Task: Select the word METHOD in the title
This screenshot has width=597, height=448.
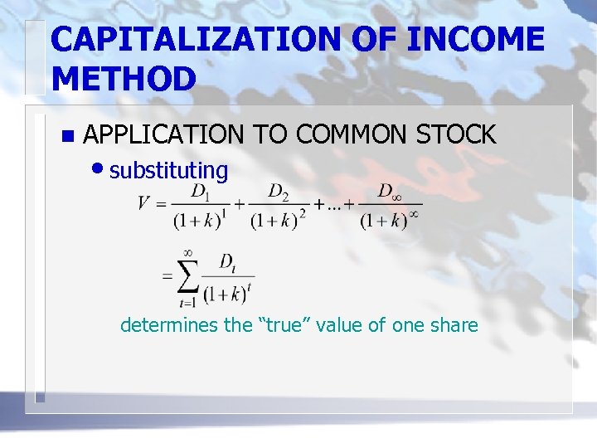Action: (x=123, y=79)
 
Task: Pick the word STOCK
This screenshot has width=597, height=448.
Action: (x=455, y=134)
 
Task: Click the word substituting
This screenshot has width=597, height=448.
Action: (x=168, y=171)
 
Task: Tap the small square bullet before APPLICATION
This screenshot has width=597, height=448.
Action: (x=68, y=135)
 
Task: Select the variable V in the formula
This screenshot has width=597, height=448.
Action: (x=143, y=202)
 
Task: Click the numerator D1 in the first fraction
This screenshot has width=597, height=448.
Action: (x=200, y=192)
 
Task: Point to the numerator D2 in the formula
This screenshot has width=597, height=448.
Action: (x=278, y=192)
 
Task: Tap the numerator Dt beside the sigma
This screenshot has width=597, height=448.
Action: (x=226, y=262)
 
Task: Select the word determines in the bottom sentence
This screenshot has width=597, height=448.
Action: (x=169, y=324)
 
